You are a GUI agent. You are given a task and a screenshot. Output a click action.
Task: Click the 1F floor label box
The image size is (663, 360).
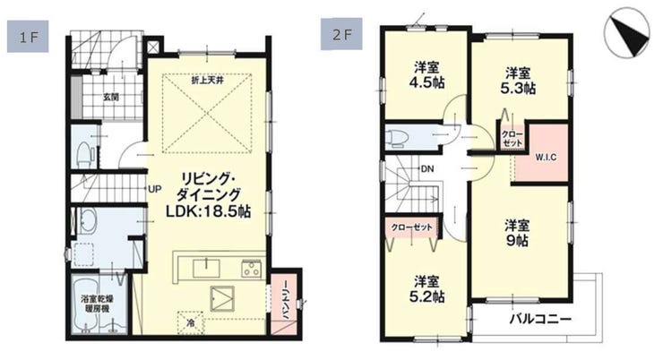coord(28,38)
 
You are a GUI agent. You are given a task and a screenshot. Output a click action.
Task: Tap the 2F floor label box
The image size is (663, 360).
coord(341,34)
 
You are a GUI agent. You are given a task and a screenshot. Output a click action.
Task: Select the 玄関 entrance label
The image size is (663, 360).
coord(111,98)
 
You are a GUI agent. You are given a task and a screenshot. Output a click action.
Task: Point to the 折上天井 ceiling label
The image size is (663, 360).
coord(207,81)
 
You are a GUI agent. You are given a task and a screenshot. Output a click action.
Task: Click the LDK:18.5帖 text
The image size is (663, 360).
coord(208,210)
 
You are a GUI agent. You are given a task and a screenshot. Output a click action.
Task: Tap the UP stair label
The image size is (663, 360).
coord(155,189)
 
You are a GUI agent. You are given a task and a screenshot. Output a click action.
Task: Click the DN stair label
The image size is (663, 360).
coord(427,169)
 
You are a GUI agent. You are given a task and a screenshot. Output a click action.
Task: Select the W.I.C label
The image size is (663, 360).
coord(546,158)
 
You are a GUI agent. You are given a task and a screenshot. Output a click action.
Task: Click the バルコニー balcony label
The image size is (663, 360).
coord(540,319)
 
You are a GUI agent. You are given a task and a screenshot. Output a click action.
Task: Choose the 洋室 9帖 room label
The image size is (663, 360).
coord(517,233)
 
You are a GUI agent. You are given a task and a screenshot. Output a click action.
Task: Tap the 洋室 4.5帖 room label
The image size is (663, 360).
coord(426,75)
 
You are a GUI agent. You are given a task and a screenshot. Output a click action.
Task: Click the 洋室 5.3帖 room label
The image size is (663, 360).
coord(518,81)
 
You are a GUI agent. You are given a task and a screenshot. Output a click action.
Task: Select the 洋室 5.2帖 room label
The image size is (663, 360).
coord(426,289)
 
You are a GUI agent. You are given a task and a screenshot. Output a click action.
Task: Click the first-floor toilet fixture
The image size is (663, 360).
coord(84,155)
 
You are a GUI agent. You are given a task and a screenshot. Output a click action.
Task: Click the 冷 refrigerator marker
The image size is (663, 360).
coord(191,323)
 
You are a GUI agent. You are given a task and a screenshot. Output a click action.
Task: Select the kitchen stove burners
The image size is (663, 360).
coord(251,270)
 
